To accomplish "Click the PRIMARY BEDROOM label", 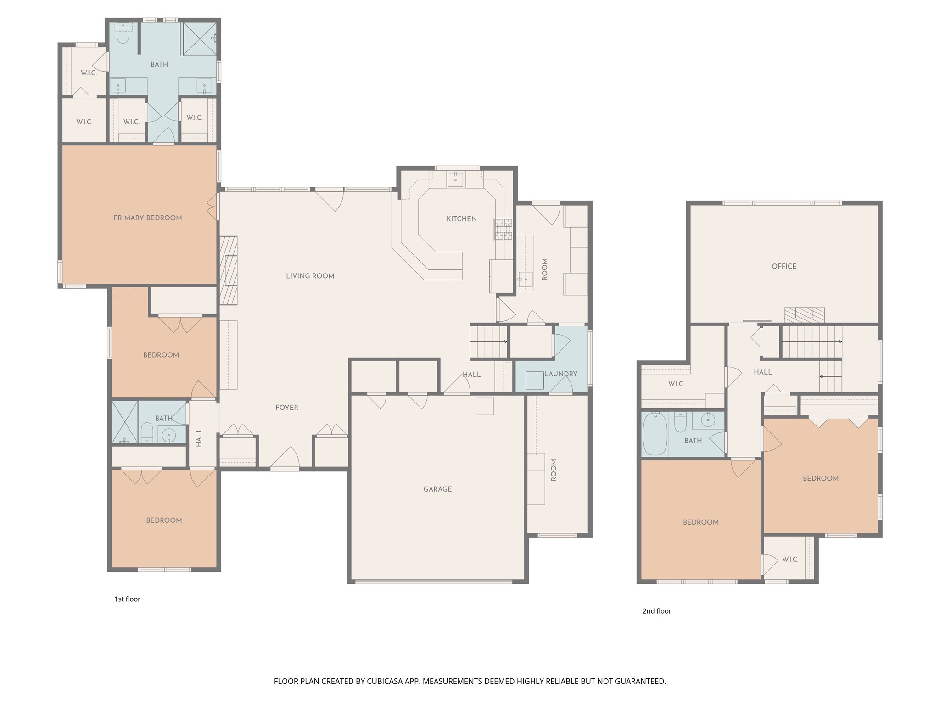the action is click(x=148, y=218).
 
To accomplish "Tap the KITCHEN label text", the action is click(x=461, y=219).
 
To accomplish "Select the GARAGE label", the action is click(x=437, y=489).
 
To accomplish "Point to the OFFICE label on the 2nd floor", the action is click(x=784, y=266).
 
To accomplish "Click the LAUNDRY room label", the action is click(x=561, y=374).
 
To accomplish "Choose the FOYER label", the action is click(x=287, y=408).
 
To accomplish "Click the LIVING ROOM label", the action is click(x=310, y=276).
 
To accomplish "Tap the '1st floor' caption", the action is click(x=128, y=599).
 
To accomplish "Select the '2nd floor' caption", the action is click(x=657, y=611).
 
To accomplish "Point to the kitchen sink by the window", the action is click(x=455, y=179).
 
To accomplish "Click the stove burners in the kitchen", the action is click(x=503, y=229).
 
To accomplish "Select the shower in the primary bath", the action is click(x=200, y=39).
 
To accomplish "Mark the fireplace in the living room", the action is click(x=229, y=270).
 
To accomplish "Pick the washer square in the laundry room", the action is click(x=535, y=380).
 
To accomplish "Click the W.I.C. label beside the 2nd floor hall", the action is click(x=677, y=384).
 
